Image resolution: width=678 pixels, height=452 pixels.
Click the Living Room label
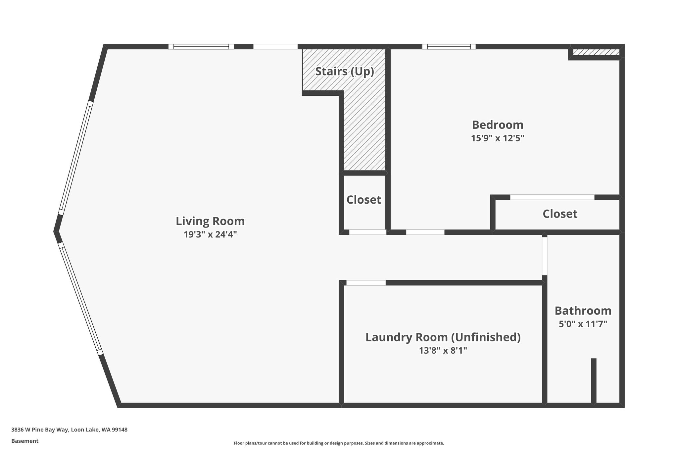click(210, 221)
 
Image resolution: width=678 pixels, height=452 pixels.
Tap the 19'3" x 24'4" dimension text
click(210, 234)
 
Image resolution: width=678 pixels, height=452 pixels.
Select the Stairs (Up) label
click(345, 72)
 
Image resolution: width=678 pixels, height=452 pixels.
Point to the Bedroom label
click(498, 125)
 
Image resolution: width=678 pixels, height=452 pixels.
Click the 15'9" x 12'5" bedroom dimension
click(498, 138)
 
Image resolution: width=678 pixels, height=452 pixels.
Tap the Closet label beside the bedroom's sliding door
click(560, 214)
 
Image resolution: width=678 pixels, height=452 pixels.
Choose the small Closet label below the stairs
click(364, 200)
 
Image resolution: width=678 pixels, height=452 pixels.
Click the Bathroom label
click(583, 311)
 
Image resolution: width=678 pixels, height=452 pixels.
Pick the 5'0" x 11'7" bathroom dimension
click(583, 324)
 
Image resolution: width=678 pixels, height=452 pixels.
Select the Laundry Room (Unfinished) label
click(443, 337)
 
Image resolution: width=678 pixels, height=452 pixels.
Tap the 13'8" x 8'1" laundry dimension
click(443, 350)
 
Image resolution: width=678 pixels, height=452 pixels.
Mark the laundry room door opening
click(366, 283)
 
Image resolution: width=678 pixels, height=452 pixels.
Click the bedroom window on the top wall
click(449, 47)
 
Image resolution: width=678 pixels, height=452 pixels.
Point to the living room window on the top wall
click(201, 47)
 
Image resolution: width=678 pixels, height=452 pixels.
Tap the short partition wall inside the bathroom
click(594, 381)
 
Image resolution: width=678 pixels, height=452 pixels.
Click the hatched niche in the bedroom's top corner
click(596, 52)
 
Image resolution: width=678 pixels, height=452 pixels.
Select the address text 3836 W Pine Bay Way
click(40, 430)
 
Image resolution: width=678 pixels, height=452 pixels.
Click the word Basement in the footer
click(25, 441)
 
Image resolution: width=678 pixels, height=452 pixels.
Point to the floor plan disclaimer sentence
click(339, 443)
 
